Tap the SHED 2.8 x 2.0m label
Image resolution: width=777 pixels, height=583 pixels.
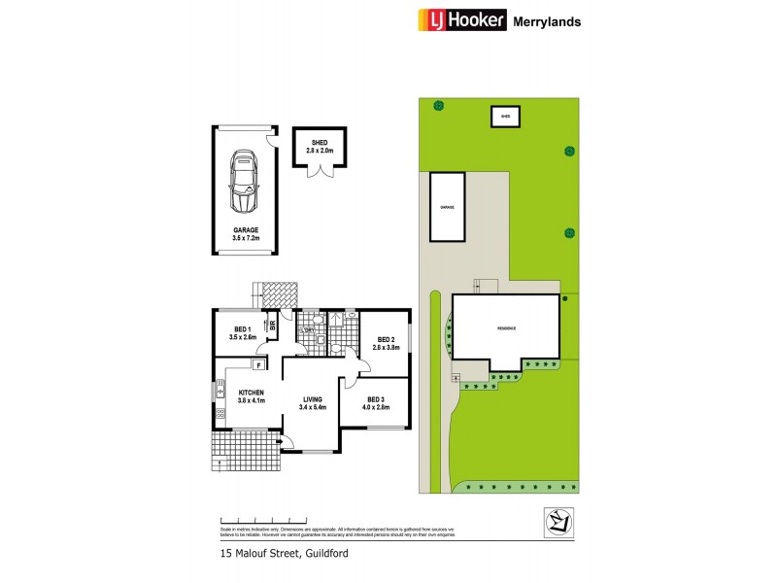point(320,147)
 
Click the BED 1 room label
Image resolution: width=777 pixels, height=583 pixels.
point(241,333)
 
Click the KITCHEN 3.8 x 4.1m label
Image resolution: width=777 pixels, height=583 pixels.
point(252,396)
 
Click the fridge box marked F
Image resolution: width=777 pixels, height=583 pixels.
point(258,365)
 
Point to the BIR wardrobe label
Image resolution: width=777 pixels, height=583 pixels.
point(273,327)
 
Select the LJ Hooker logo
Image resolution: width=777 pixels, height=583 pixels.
point(462,19)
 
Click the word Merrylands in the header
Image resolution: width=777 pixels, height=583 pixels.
point(548,20)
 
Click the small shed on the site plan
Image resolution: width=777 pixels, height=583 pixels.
point(505,117)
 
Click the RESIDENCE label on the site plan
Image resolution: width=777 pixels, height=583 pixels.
point(507,328)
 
